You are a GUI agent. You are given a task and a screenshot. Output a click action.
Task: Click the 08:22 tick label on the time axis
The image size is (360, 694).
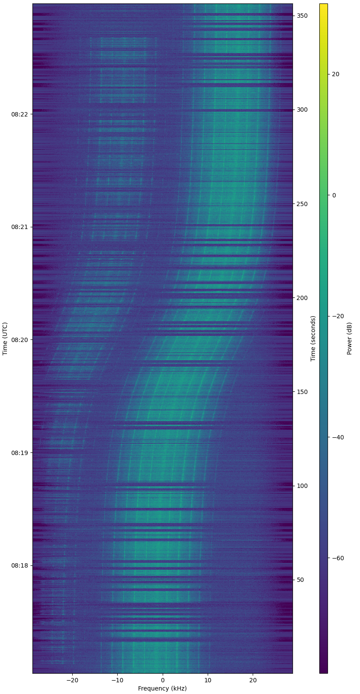(x=19, y=114)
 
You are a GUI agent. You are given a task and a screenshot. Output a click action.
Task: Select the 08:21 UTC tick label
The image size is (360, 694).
(x=19, y=227)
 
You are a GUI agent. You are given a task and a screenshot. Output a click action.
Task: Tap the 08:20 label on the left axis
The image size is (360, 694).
(x=19, y=340)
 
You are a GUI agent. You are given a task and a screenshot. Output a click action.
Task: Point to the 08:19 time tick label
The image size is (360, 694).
(x=19, y=453)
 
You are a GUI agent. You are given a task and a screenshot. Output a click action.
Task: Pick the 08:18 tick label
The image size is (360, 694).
(x=19, y=566)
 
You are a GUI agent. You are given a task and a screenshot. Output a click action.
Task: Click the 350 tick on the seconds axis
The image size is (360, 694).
(x=302, y=16)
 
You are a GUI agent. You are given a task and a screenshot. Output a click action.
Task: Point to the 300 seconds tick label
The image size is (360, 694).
(x=302, y=110)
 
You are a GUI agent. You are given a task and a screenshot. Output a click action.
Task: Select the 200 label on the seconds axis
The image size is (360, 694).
(x=302, y=298)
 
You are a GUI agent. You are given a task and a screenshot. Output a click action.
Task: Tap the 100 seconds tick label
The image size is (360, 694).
(x=302, y=486)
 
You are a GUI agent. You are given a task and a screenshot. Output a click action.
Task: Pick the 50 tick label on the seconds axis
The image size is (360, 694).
(x=301, y=580)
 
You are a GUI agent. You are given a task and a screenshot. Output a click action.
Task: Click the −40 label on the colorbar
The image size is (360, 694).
(x=335, y=437)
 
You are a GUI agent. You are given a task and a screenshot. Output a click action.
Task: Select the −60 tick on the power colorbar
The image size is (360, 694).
(x=335, y=558)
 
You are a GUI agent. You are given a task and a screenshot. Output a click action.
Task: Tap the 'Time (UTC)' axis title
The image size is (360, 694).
(x=5, y=339)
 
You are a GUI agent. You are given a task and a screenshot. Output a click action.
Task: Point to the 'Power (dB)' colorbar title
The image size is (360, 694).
(x=350, y=339)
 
